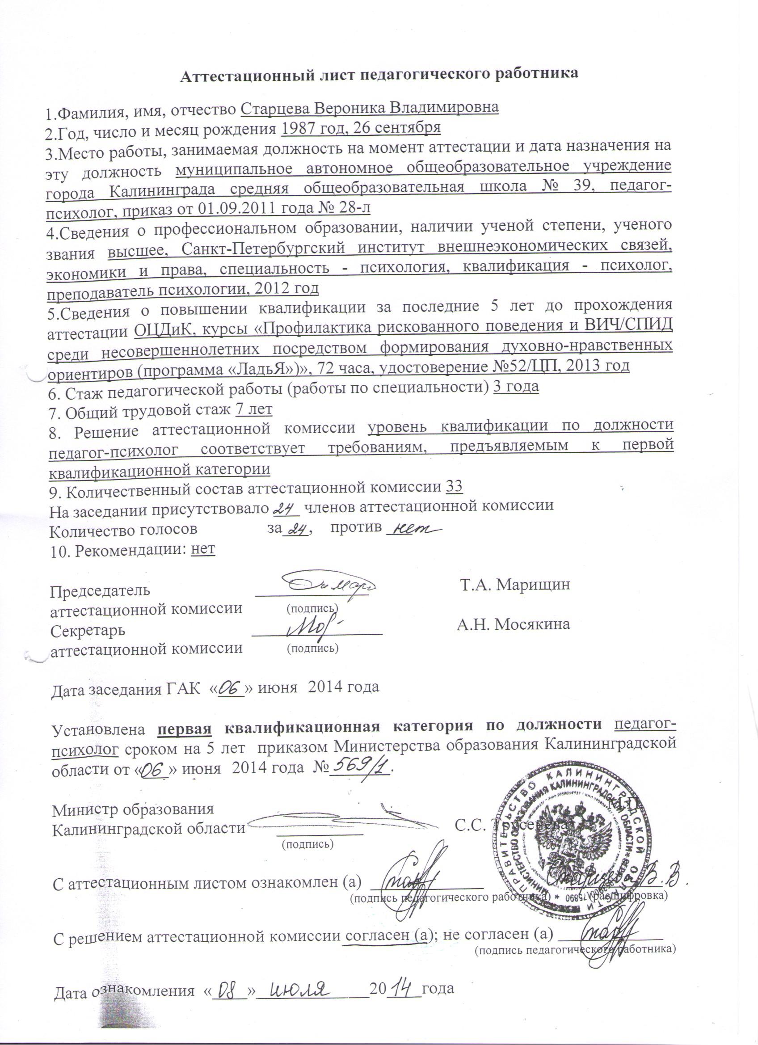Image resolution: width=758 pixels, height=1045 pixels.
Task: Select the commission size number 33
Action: [455, 487]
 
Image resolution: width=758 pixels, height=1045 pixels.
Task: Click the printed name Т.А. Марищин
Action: [516, 584]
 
